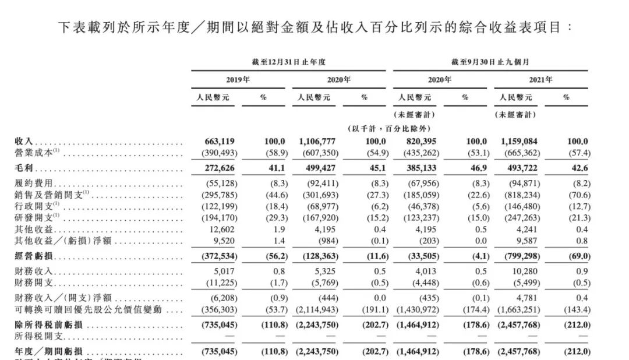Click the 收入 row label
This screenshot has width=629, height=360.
click(x=24, y=142)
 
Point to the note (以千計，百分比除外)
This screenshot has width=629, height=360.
click(x=388, y=129)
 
